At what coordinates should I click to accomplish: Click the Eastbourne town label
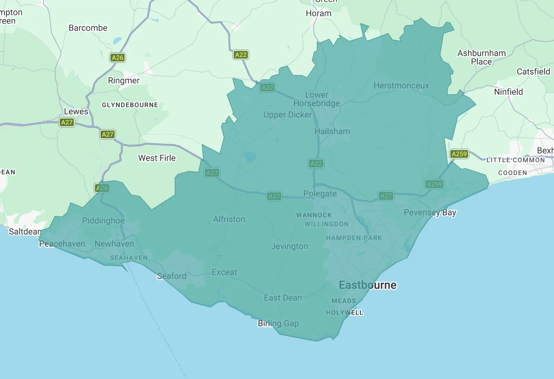(368, 285)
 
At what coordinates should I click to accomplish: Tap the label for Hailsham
(332, 132)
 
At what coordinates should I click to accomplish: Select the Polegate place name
(320, 194)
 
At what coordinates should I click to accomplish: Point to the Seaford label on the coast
(172, 276)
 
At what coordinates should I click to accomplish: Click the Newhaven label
(114, 244)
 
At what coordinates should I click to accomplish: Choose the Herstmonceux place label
(401, 86)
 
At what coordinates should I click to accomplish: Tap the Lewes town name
(76, 112)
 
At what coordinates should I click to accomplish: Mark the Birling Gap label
(278, 324)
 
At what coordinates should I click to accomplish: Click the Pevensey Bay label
(430, 213)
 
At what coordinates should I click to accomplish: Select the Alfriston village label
(229, 219)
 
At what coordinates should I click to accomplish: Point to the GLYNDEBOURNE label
(130, 105)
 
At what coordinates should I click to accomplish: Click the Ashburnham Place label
(481, 57)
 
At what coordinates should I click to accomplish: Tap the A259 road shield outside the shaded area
(459, 154)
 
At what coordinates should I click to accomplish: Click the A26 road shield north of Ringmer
(117, 58)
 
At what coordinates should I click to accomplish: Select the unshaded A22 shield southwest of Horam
(240, 55)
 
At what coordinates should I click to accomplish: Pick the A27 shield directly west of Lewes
(67, 123)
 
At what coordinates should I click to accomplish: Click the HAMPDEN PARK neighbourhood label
(354, 238)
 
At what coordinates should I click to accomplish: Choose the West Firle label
(157, 158)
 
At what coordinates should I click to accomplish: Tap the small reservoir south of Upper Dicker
(250, 157)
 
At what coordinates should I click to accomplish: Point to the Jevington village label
(289, 246)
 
